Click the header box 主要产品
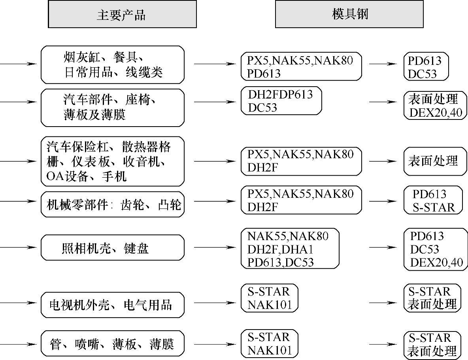click(122, 14)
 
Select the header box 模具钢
click(349, 14)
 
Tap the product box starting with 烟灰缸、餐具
click(113, 64)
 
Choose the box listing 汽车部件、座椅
click(113, 107)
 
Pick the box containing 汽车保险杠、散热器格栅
click(113, 161)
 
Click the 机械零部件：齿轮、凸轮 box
click(113, 204)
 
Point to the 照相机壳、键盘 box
click(113, 248)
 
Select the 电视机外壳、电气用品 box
click(113, 305)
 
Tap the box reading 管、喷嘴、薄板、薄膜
click(113, 344)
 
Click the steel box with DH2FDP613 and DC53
click(281, 101)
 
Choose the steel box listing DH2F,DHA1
click(290, 248)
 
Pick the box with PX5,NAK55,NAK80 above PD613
click(301, 66)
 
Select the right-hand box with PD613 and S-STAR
click(433, 200)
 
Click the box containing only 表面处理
click(433, 161)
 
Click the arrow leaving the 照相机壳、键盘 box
click(213, 248)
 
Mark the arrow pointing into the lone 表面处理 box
click(383, 161)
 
